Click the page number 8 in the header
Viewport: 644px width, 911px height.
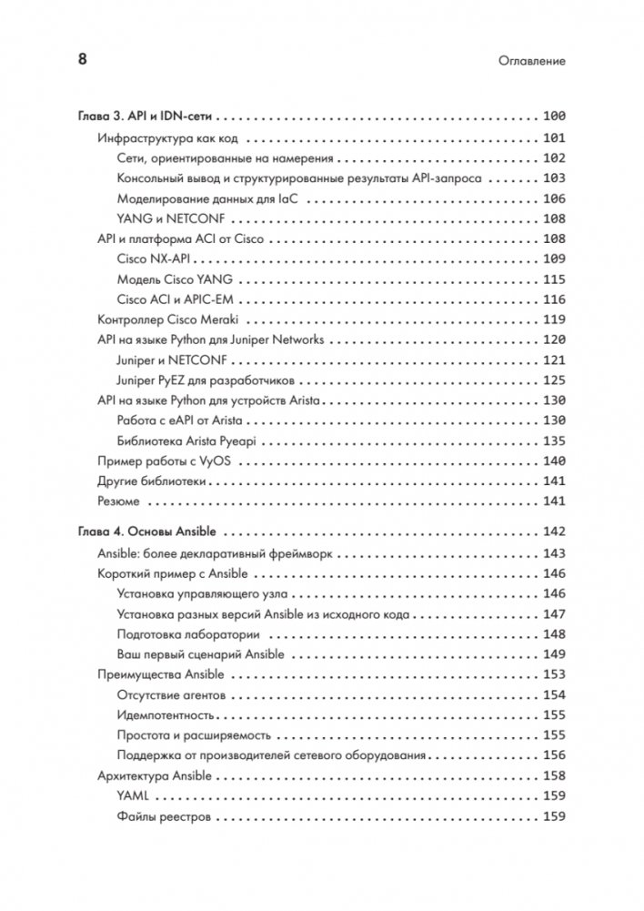click(81, 60)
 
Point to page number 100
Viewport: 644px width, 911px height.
click(553, 116)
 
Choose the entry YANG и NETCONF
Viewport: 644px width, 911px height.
click(171, 219)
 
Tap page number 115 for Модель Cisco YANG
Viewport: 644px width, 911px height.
click(553, 279)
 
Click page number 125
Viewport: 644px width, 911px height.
click(553, 380)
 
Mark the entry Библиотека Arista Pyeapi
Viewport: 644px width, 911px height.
click(187, 441)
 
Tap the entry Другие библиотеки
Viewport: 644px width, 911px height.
click(153, 481)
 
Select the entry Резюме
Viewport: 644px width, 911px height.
click(118, 501)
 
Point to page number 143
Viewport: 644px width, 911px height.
click(553, 553)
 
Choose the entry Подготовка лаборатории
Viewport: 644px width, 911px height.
click(188, 634)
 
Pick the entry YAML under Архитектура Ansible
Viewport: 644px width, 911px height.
click(134, 796)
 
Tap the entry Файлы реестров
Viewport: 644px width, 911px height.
click(164, 817)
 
